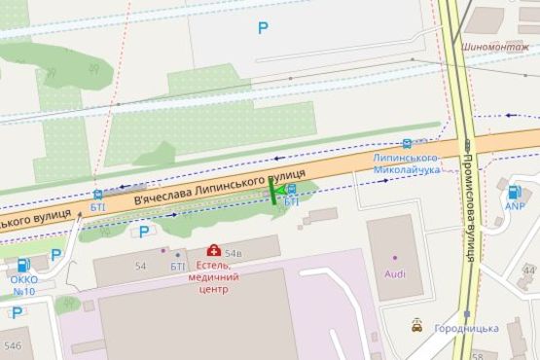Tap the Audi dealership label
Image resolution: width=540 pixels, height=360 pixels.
[x=395, y=274]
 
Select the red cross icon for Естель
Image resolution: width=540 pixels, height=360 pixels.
[x=213, y=251]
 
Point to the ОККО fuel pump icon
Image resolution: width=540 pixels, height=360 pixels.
[x=21, y=264]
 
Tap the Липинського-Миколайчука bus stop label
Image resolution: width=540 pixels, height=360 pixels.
[x=408, y=163]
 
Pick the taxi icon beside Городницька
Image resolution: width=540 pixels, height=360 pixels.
[x=417, y=326]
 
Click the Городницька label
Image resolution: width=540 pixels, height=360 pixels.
[x=466, y=329]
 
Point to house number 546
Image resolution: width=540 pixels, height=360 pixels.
[x=13, y=345]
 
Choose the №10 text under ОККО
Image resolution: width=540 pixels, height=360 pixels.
[x=24, y=291]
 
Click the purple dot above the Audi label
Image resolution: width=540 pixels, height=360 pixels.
[x=395, y=258]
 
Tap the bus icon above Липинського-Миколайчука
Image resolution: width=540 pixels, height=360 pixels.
[x=407, y=143]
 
